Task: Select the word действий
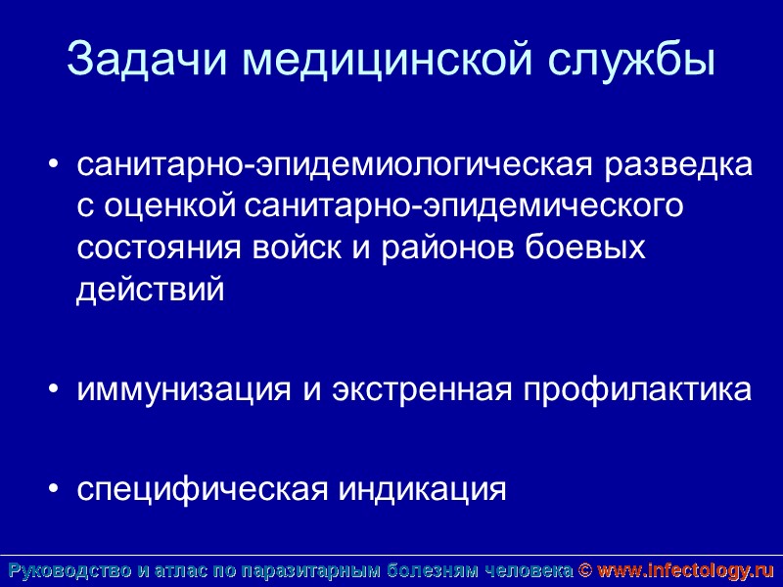pos(151,290)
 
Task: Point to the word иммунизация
pos(185,389)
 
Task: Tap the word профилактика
pos(637,389)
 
